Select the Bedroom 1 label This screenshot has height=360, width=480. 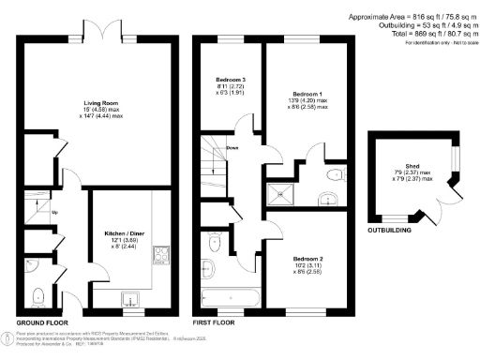309,96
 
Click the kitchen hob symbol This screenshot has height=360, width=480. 160,253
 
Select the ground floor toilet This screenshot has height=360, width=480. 37,296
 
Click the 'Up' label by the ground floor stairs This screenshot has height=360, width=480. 54,212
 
